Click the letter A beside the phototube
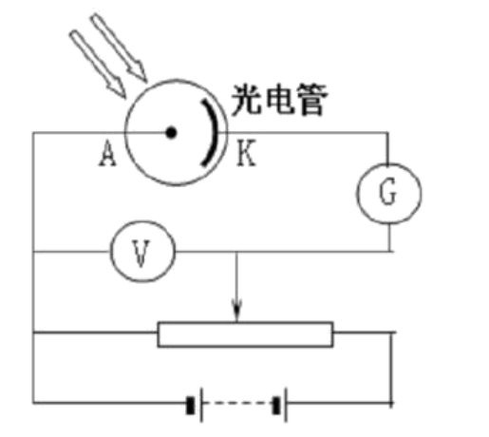[108, 154]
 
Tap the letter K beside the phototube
[246, 153]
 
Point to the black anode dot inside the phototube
[171, 132]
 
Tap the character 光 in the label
[246, 100]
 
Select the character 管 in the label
[312, 100]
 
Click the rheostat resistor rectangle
[245, 334]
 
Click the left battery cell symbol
[194, 405]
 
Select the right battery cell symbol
[280, 405]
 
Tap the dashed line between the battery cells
[237, 404]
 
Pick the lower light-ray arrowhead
[117, 88]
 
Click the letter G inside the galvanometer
[387, 191]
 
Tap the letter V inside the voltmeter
[141, 253]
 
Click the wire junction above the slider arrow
[235, 252]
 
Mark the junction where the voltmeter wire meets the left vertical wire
[33, 252]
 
